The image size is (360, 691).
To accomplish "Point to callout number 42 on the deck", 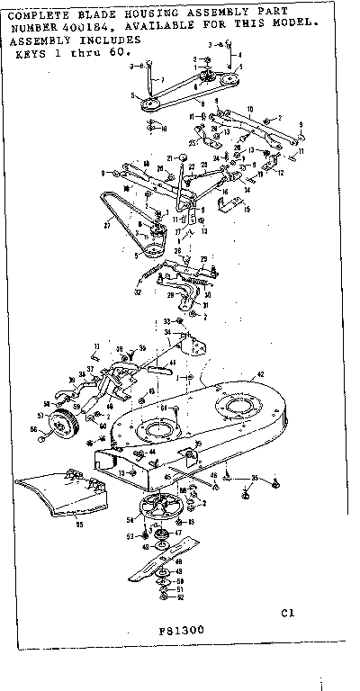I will point(261,372).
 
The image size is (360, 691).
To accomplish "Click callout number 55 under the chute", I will point(79,524).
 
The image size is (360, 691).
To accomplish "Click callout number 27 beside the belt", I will point(109,228).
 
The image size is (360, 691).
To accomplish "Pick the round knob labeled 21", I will point(184,158).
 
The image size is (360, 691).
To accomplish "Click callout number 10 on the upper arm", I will point(237,107).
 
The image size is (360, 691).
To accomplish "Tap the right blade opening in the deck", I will point(239,408).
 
